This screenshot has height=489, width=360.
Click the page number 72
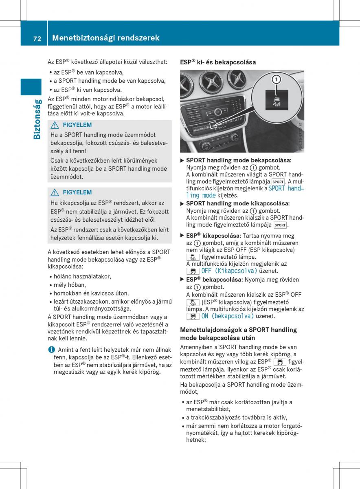[x=37, y=39]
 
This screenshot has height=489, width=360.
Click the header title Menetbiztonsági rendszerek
[x=105, y=38]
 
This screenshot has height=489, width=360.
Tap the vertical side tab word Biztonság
[x=37, y=119]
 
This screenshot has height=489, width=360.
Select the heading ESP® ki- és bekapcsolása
[x=218, y=62]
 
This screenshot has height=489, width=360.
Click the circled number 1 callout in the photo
[x=276, y=79]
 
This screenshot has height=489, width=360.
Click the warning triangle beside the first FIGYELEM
[x=55, y=125]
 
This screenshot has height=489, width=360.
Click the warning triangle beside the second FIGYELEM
[x=55, y=192]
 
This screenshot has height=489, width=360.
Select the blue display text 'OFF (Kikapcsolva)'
[x=229, y=271]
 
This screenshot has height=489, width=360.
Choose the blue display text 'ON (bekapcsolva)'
[x=227, y=316]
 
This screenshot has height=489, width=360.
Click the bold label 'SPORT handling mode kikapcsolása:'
[x=238, y=203]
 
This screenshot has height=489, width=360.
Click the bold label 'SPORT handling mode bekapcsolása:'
[x=239, y=161]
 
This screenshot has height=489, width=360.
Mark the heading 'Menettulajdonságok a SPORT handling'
[x=238, y=330]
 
